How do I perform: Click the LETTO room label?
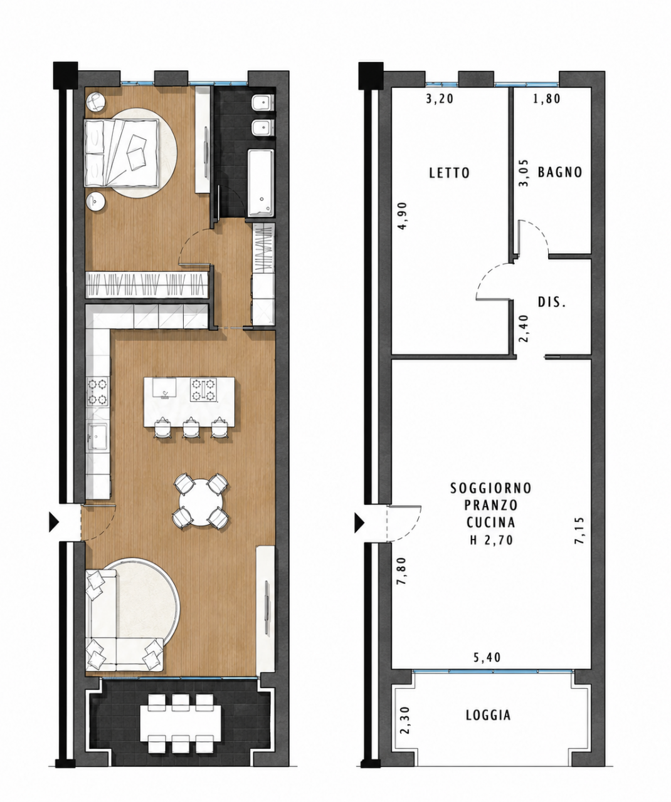(x=449, y=173)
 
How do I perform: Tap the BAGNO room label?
(x=559, y=172)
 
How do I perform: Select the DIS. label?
(x=551, y=302)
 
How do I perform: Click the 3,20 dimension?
(x=440, y=99)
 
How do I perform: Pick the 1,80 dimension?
(x=546, y=99)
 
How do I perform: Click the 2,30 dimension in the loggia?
(x=405, y=720)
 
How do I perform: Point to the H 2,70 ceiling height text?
(x=491, y=541)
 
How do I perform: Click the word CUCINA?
(x=490, y=523)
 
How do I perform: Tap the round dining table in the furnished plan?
(x=201, y=501)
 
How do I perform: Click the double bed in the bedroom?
(x=122, y=153)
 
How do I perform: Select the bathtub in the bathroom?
(x=261, y=182)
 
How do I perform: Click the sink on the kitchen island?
(x=164, y=387)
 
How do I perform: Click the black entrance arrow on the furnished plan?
(x=54, y=521)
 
